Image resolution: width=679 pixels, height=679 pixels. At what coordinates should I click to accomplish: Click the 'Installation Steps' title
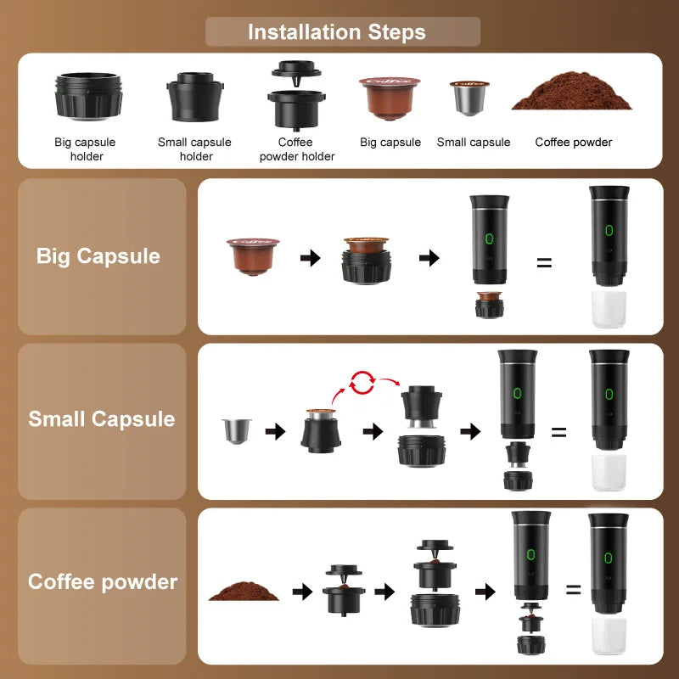click(x=337, y=33)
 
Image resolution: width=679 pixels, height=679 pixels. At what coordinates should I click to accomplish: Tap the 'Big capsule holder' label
click(x=85, y=149)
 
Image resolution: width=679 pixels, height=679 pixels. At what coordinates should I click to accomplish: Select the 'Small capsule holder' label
click(x=194, y=149)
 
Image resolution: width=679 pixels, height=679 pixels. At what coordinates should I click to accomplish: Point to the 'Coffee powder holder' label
click(x=296, y=149)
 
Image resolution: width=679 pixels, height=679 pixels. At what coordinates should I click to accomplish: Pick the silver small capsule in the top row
click(x=469, y=98)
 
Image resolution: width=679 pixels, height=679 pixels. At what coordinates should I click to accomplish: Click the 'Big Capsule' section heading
click(x=98, y=256)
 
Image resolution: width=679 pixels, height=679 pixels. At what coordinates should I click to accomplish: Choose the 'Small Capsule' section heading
click(x=101, y=419)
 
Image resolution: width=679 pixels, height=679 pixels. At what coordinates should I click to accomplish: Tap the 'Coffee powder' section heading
click(x=103, y=582)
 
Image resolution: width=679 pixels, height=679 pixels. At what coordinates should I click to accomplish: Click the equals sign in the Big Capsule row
click(x=544, y=262)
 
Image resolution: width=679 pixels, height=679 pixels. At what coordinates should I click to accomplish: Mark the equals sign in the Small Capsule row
click(x=558, y=432)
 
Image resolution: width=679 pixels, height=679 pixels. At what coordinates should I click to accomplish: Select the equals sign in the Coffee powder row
click(x=574, y=589)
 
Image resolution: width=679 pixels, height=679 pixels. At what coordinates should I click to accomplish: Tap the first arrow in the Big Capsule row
click(x=311, y=258)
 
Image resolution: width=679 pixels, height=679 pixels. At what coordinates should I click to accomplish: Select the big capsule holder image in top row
click(x=88, y=96)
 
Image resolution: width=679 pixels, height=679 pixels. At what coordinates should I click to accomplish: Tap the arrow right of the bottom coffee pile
click(x=301, y=592)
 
